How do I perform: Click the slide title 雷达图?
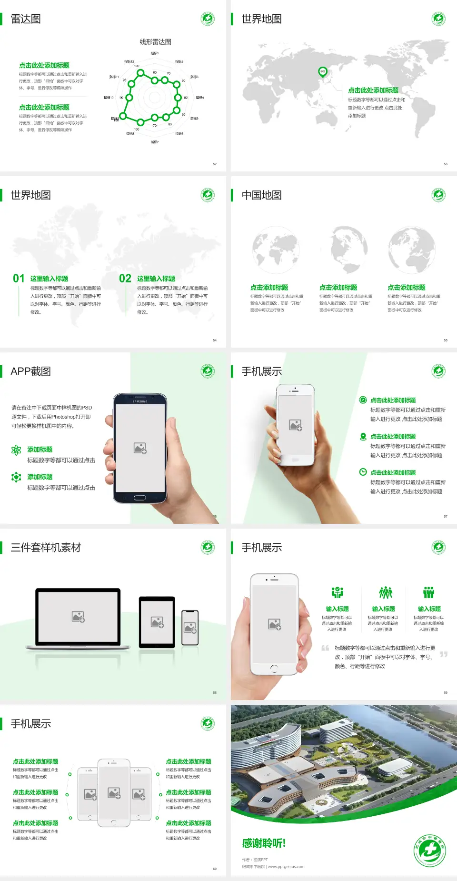click(26, 19)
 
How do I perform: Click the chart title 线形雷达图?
click(155, 42)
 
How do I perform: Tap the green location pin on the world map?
click(322, 72)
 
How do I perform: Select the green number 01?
click(19, 279)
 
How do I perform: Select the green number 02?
click(125, 279)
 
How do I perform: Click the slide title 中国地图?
click(261, 195)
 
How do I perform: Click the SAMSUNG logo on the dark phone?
click(140, 401)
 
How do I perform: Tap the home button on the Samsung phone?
click(139, 498)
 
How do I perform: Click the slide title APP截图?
click(31, 371)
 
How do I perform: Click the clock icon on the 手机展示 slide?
click(363, 472)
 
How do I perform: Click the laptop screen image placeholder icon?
click(78, 617)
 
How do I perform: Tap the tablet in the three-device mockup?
click(157, 621)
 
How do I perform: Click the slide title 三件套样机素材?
click(46, 548)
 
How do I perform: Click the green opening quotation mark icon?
click(325, 648)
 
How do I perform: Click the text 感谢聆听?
click(264, 843)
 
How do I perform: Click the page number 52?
click(215, 164)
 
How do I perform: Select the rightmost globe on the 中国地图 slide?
click(412, 250)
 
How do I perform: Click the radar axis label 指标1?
click(155, 53)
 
